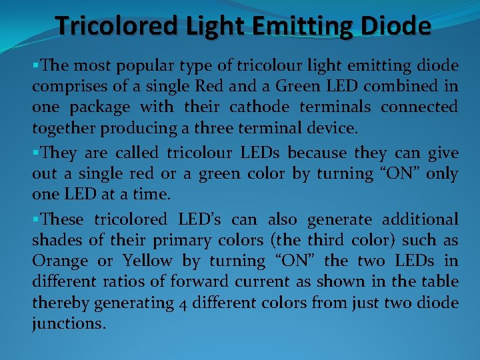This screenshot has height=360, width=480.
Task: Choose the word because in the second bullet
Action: point(313,153)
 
